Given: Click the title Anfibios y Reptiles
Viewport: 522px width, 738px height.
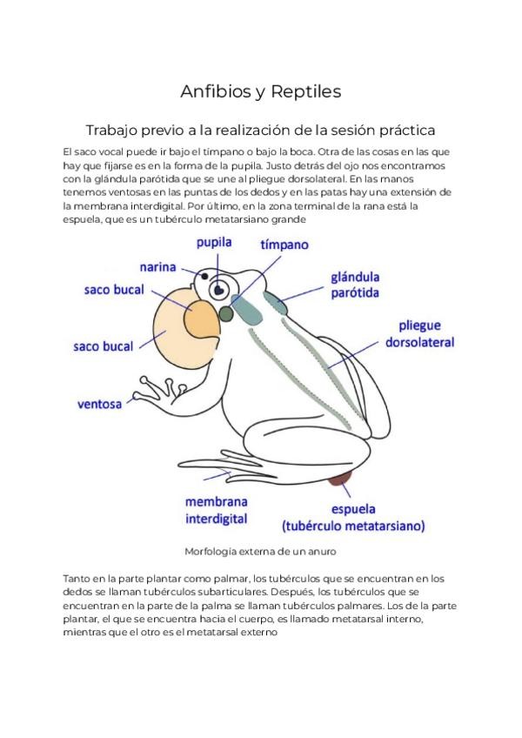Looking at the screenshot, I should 260,91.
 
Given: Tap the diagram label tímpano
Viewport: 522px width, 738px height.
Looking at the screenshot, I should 284,245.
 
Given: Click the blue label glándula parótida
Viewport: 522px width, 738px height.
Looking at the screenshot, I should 354,285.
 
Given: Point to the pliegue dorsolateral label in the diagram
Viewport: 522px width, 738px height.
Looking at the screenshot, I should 420,333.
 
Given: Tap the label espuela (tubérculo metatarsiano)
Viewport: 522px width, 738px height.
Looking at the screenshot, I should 352,517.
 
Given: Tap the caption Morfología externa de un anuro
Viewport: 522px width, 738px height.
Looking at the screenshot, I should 260,551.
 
